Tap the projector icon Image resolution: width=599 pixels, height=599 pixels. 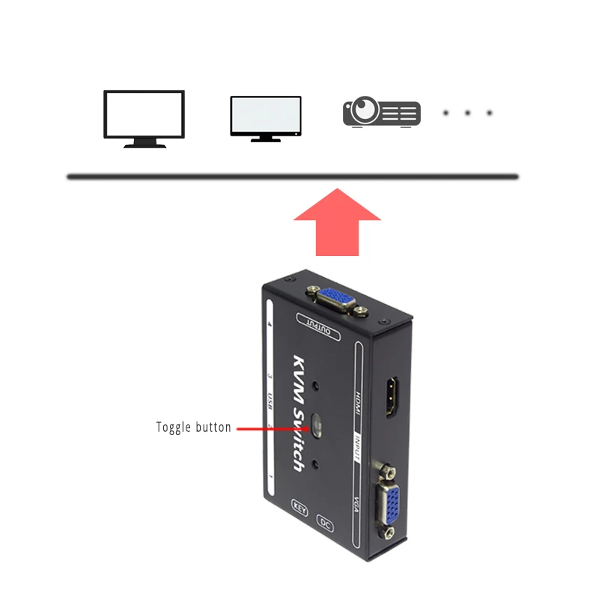[x=381, y=113]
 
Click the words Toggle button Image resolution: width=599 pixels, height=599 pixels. [x=193, y=428]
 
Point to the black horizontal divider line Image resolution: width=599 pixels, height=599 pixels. [x=292, y=177]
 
